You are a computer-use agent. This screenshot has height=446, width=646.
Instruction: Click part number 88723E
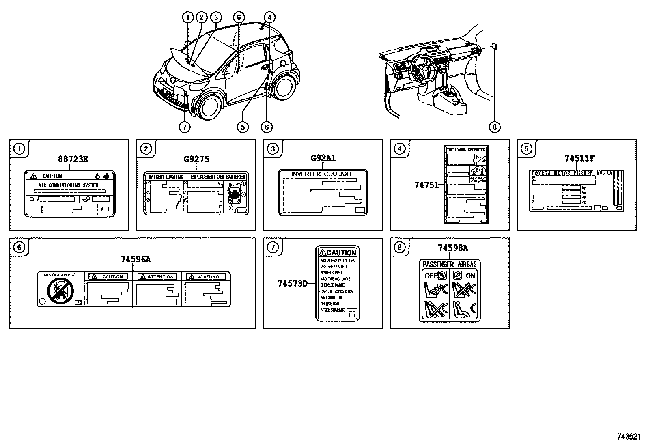click(73, 159)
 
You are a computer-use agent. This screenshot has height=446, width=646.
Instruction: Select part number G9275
click(196, 159)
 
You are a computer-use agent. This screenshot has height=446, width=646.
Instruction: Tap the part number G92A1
click(323, 158)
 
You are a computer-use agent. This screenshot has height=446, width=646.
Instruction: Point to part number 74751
click(426, 185)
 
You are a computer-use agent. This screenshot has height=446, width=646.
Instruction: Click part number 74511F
click(580, 159)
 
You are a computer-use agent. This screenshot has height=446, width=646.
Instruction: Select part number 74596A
click(136, 259)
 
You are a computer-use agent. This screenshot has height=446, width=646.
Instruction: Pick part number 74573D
click(292, 283)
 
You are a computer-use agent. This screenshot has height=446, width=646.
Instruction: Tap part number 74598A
click(453, 248)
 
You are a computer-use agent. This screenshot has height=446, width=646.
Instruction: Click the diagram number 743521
click(629, 437)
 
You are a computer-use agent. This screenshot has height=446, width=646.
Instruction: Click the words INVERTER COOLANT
click(322, 174)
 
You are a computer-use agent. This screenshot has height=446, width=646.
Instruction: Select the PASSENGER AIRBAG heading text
click(450, 264)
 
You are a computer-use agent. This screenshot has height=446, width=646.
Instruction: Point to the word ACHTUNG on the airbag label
click(208, 276)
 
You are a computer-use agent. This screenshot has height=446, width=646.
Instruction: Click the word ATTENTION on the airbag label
click(160, 276)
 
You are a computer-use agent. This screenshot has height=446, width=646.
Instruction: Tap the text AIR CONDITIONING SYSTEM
click(68, 185)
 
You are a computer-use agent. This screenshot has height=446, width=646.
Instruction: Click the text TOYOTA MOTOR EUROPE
click(562, 173)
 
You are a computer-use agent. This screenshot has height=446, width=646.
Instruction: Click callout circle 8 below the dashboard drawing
click(494, 127)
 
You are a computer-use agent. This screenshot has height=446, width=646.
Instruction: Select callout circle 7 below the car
click(184, 127)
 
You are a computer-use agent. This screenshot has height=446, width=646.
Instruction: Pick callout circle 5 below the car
click(242, 127)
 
